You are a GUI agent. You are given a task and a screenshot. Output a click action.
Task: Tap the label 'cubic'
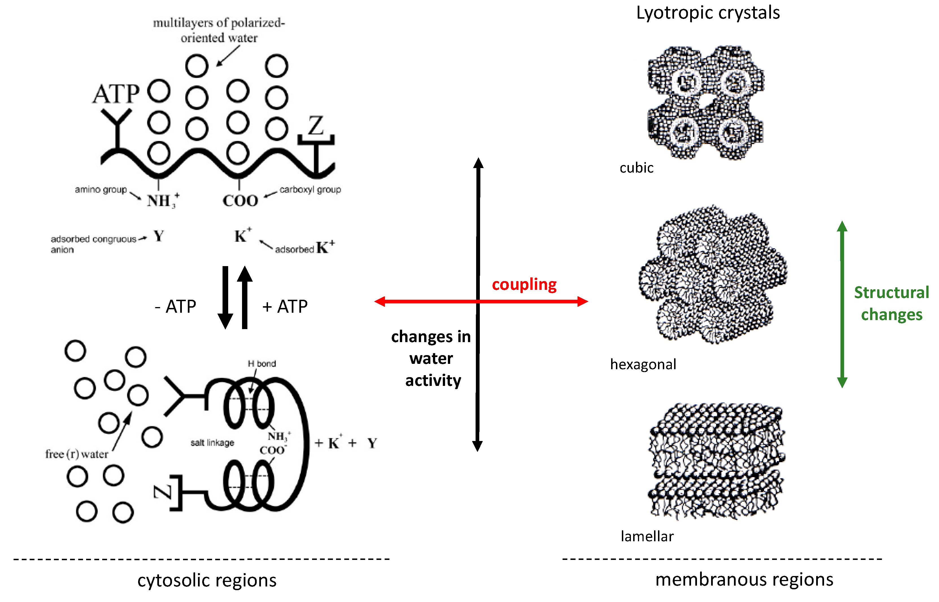[x=636, y=168]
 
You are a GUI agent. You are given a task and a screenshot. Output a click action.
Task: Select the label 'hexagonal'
[x=643, y=364]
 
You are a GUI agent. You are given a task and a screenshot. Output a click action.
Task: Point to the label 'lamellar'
[x=647, y=536]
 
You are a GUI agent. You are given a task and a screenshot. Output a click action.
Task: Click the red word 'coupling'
[x=524, y=284]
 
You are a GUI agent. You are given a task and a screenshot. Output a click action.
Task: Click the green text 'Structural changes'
[x=891, y=303]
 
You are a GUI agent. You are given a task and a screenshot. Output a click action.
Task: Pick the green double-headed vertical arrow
[x=842, y=304]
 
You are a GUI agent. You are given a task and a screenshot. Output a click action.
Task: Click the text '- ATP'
[x=175, y=307]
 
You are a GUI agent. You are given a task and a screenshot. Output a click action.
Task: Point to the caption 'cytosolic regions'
[x=207, y=581]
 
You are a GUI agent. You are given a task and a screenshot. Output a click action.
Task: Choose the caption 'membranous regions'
[x=744, y=580]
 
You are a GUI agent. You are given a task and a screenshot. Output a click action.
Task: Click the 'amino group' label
[x=101, y=190]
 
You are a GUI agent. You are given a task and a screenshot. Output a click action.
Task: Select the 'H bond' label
[x=262, y=364]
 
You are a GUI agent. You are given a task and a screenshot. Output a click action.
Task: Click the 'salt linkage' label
[x=212, y=442]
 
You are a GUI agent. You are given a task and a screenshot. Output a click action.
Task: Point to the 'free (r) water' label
[x=77, y=454]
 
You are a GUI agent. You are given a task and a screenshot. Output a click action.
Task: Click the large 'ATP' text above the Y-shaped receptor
[x=116, y=94]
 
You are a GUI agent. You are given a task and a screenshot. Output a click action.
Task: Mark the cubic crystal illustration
[x=706, y=103]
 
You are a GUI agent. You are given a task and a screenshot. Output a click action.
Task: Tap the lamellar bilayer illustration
[x=716, y=461]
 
